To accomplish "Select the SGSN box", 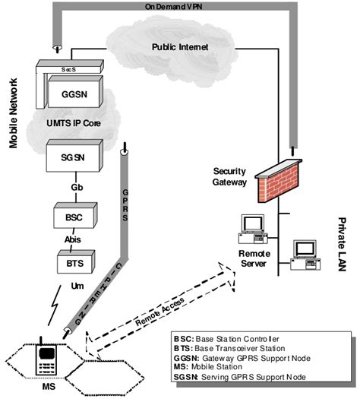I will click(72, 157).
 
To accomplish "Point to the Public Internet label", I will click(181, 49).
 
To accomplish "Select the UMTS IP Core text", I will click(73, 123).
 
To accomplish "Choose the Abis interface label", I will click(74, 237).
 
